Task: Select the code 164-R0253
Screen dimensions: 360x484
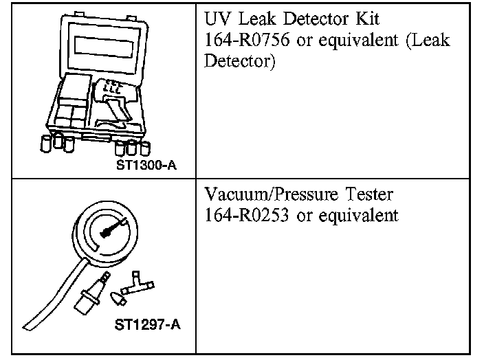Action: click(x=248, y=215)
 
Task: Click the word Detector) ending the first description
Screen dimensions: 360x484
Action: click(x=240, y=62)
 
